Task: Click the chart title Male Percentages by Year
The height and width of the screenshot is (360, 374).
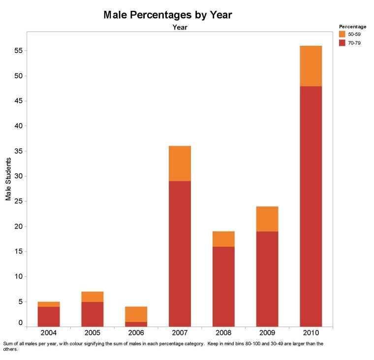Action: point(167,15)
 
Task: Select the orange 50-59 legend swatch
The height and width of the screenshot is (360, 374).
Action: point(343,34)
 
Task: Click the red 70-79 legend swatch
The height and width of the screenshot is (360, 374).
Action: point(343,43)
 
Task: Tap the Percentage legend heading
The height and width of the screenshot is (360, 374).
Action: point(352,26)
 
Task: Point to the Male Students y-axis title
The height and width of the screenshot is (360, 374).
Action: point(8,179)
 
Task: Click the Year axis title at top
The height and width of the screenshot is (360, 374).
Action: point(180,28)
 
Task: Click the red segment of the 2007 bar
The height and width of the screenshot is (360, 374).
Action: point(180,254)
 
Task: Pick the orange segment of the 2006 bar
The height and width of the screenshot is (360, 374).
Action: point(136,314)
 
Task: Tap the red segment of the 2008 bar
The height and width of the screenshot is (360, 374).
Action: point(223,286)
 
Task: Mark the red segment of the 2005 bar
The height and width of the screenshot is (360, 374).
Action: point(92,314)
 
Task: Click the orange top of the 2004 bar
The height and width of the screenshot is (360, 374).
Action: point(49,304)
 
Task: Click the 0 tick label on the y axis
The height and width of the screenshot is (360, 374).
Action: point(20,323)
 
